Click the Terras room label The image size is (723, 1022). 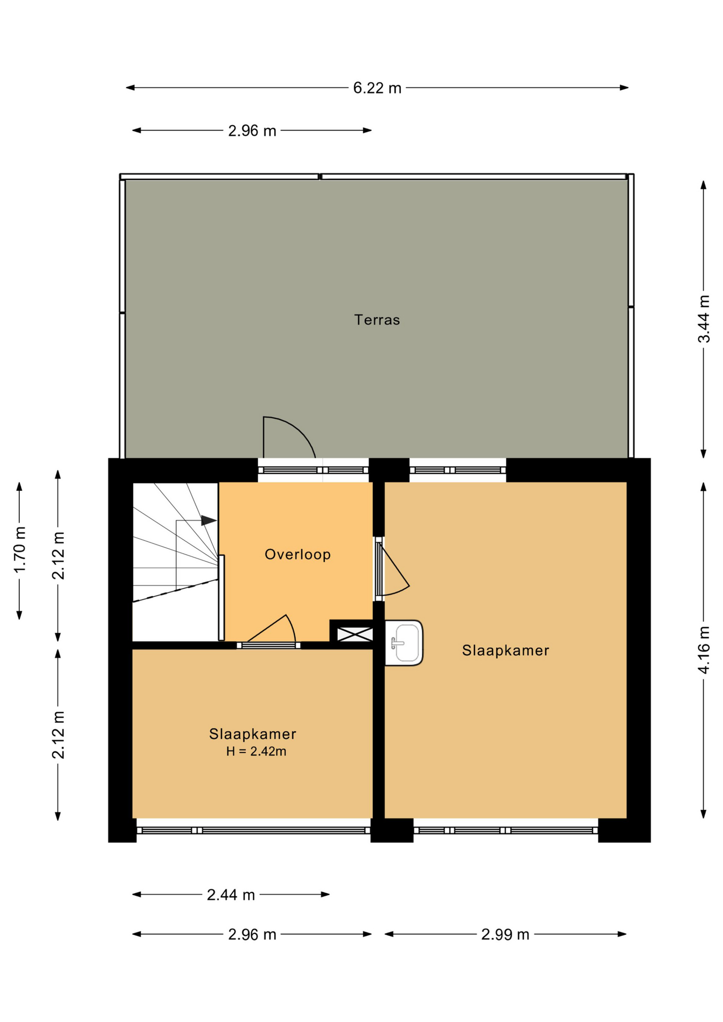(377, 320)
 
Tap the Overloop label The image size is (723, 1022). (298, 555)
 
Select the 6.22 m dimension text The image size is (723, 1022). (377, 88)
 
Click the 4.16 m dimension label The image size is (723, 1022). (704, 649)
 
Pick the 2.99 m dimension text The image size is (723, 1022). (505, 934)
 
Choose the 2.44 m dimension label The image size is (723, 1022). (231, 895)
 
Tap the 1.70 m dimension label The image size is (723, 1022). (20, 550)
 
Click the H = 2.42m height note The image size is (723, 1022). (256, 752)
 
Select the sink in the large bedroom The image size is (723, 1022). (404, 643)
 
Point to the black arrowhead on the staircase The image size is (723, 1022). (209, 520)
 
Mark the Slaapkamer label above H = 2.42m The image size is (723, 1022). (252, 734)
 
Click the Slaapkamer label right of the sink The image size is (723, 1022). (505, 650)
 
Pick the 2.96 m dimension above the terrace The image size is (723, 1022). (252, 130)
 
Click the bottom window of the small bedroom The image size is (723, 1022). (253, 830)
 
